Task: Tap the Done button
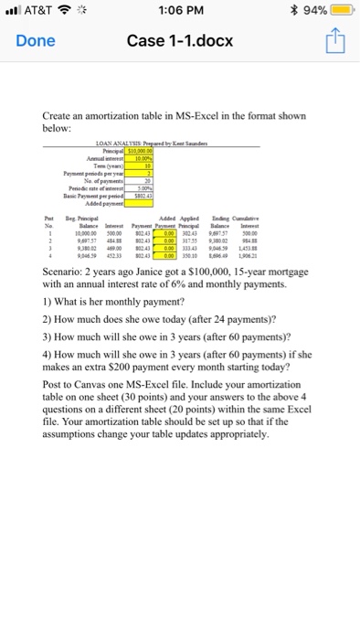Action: pyautogui.click(x=35, y=41)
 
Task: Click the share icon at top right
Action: pyautogui.click(x=332, y=41)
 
